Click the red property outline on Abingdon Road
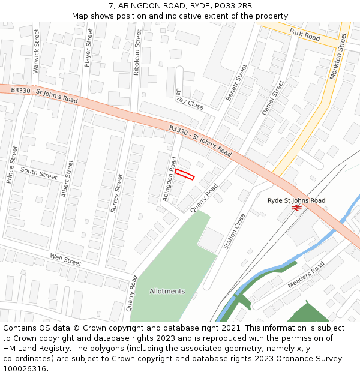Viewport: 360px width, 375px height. coord(185,174)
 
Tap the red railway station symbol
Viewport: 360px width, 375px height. coord(296,208)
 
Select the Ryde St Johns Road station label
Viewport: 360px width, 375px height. coord(296,200)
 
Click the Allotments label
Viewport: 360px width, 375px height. coord(167,291)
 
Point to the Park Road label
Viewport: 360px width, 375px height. coord(305,34)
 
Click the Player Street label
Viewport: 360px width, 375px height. coord(89,51)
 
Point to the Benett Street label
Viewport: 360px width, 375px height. coord(236,83)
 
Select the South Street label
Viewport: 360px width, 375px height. coord(38,173)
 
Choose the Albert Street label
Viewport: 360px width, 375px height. coord(67,178)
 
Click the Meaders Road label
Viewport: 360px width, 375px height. coord(305,274)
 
